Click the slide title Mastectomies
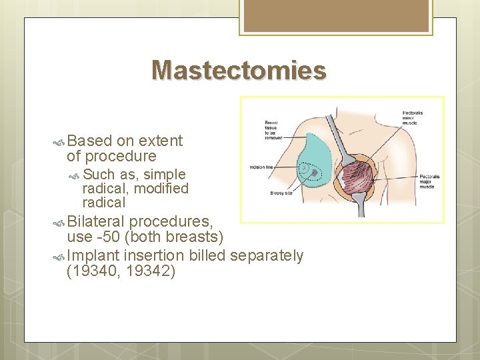[239, 70]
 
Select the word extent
[161, 141]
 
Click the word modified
[161, 189]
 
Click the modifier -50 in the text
[109, 237]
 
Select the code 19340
[95, 271]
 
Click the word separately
[267, 255]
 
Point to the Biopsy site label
[280, 193]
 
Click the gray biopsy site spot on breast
[313, 172]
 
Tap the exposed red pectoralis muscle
[361, 178]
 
